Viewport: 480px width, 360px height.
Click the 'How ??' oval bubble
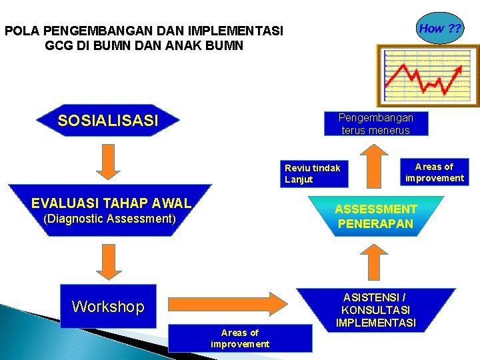tap(441, 29)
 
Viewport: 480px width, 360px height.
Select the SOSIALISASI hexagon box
tap(109, 121)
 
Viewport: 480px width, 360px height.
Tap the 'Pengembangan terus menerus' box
tap(377, 123)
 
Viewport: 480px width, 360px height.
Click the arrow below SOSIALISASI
tap(108, 161)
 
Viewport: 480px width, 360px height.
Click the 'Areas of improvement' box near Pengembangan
tap(434, 172)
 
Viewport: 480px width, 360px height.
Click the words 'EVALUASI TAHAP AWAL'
tap(111, 203)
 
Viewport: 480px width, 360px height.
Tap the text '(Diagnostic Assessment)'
tap(109, 219)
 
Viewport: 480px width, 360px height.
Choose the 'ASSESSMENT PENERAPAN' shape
tap(377, 217)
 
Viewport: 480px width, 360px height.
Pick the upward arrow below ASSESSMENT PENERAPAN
tap(376, 262)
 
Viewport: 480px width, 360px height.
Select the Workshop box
tap(108, 307)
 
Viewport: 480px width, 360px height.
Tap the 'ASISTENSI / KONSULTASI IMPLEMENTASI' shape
tap(376, 310)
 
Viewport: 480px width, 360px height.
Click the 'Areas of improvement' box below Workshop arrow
tap(240, 338)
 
